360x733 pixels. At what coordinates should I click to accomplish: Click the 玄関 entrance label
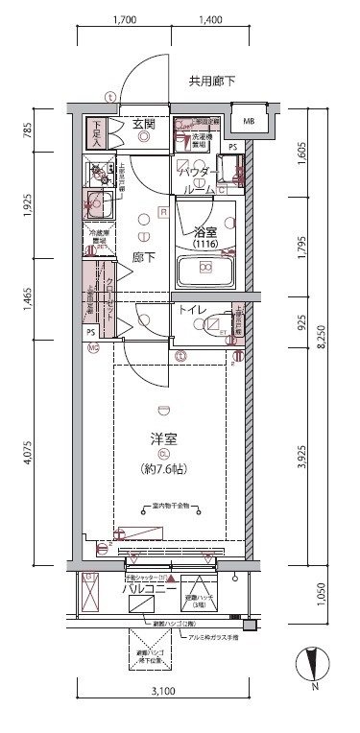pyautogui.click(x=145, y=124)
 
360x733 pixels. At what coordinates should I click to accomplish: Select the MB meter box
pyautogui.click(x=249, y=121)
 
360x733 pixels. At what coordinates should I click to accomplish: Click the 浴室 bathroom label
pyautogui.click(x=205, y=231)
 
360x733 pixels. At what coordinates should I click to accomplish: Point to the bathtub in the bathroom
pyautogui.click(x=205, y=271)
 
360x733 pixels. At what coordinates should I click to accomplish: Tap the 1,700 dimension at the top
pyautogui.click(x=123, y=19)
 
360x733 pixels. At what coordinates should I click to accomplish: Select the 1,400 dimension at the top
pyautogui.click(x=209, y=19)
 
